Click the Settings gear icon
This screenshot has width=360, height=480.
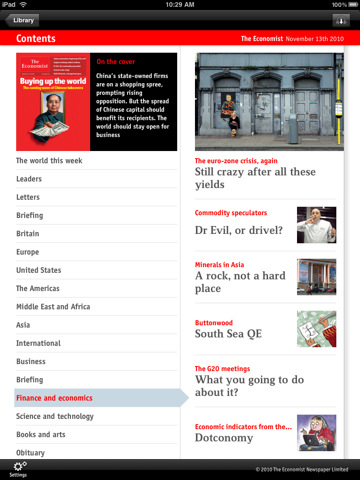tap(18, 468)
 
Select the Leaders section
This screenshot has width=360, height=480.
tap(29, 179)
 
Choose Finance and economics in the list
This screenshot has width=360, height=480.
tap(55, 398)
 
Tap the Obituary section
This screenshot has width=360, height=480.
tap(30, 452)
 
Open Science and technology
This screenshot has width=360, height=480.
tap(55, 416)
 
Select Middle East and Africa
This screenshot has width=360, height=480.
tap(53, 307)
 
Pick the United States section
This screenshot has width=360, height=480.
tap(39, 270)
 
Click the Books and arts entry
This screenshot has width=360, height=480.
tap(41, 434)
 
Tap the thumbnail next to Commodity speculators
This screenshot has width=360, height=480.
tap(315, 224)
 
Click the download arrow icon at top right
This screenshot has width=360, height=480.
tap(341, 19)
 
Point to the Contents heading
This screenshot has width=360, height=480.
tap(36, 39)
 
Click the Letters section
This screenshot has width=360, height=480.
tap(28, 197)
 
